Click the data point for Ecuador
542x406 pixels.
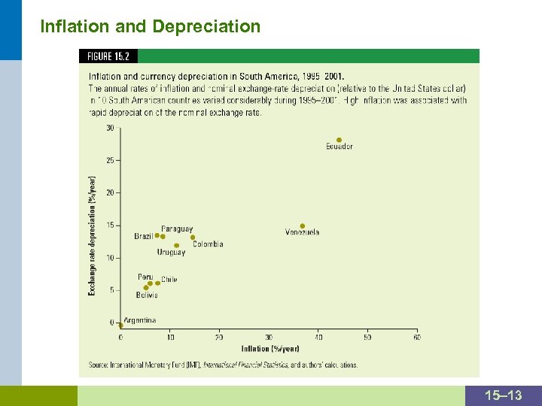click(x=339, y=140)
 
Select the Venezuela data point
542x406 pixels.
click(x=303, y=226)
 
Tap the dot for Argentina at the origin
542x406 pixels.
click(x=120, y=326)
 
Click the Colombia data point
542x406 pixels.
click(x=193, y=238)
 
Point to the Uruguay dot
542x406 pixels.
click(x=177, y=245)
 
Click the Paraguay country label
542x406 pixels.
click(x=177, y=229)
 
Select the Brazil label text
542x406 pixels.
click(x=143, y=236)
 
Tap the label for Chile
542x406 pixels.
click(x=169, y=279)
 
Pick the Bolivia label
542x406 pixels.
click(x=147, y=295)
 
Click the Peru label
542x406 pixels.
click(x=145, y=277)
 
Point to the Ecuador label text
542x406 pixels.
click(x=339, y=147)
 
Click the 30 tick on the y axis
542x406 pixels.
click(x=110, y=128)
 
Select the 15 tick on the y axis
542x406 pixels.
click(x=110, y=226)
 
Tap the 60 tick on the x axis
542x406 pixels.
click(x=417, y=337)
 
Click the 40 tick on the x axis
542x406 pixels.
click(x=318, y=337)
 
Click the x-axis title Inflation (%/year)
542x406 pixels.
click(x=269, y=348)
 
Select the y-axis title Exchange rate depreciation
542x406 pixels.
click(x=93, y=235)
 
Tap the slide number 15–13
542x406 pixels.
click(x=504, y=395)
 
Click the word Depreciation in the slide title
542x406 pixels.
click(x=206, y=26)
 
